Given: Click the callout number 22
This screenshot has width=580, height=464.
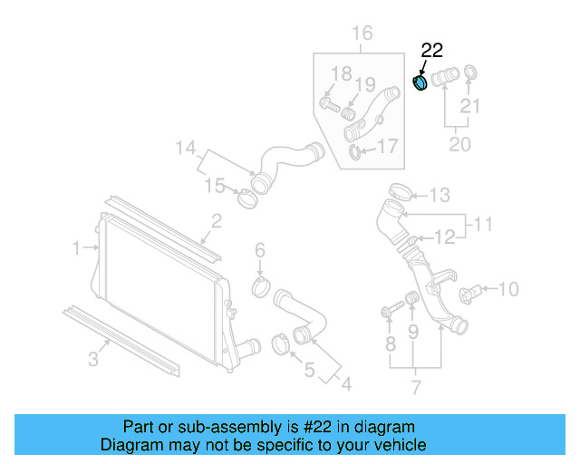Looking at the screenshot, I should pyautogui.click(x=432, y=51).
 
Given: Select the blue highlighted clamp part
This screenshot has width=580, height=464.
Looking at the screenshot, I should pyautogui.click(x=420, y=83).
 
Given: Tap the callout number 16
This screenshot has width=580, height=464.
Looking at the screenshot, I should pyautogui.click(x=362, y=34).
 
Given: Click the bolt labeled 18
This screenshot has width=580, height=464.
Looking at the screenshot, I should pyautogui.click(x=330, y=105).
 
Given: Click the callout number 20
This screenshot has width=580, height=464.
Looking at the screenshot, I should pyautogui.click(x=459, y=144).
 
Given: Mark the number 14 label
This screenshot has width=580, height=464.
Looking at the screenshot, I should pyautogui.click(x=185, y=147).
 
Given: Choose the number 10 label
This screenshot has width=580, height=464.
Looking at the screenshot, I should pyautogui.click(x=508, y=289).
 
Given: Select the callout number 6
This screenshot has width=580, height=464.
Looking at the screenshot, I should pyautogui.click(x=259, y=249).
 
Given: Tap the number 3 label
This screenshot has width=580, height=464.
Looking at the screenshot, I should pyautogui.click(x=93, y=360).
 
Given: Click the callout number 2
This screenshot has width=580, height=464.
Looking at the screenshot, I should pyautogui.click(x=217, y=220).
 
